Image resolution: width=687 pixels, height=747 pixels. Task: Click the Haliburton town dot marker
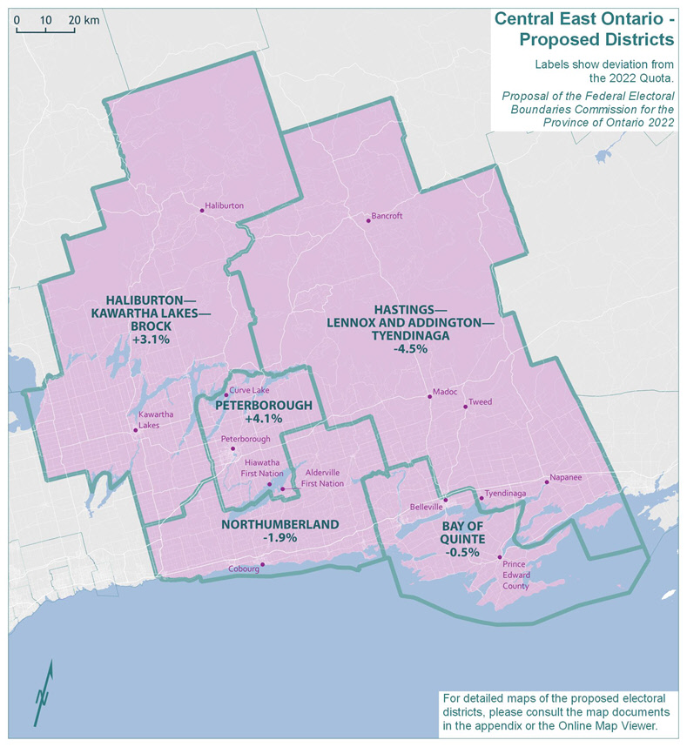201,209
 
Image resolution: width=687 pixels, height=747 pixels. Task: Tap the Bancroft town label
387,216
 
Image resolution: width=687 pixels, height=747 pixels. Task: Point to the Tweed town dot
465,407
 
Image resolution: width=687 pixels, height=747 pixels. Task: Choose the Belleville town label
426,506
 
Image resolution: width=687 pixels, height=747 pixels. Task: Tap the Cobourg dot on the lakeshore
263,563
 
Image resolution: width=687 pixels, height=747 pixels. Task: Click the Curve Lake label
247,391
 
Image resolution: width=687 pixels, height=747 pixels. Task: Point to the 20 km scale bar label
84,19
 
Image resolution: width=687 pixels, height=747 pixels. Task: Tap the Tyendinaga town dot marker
481,498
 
